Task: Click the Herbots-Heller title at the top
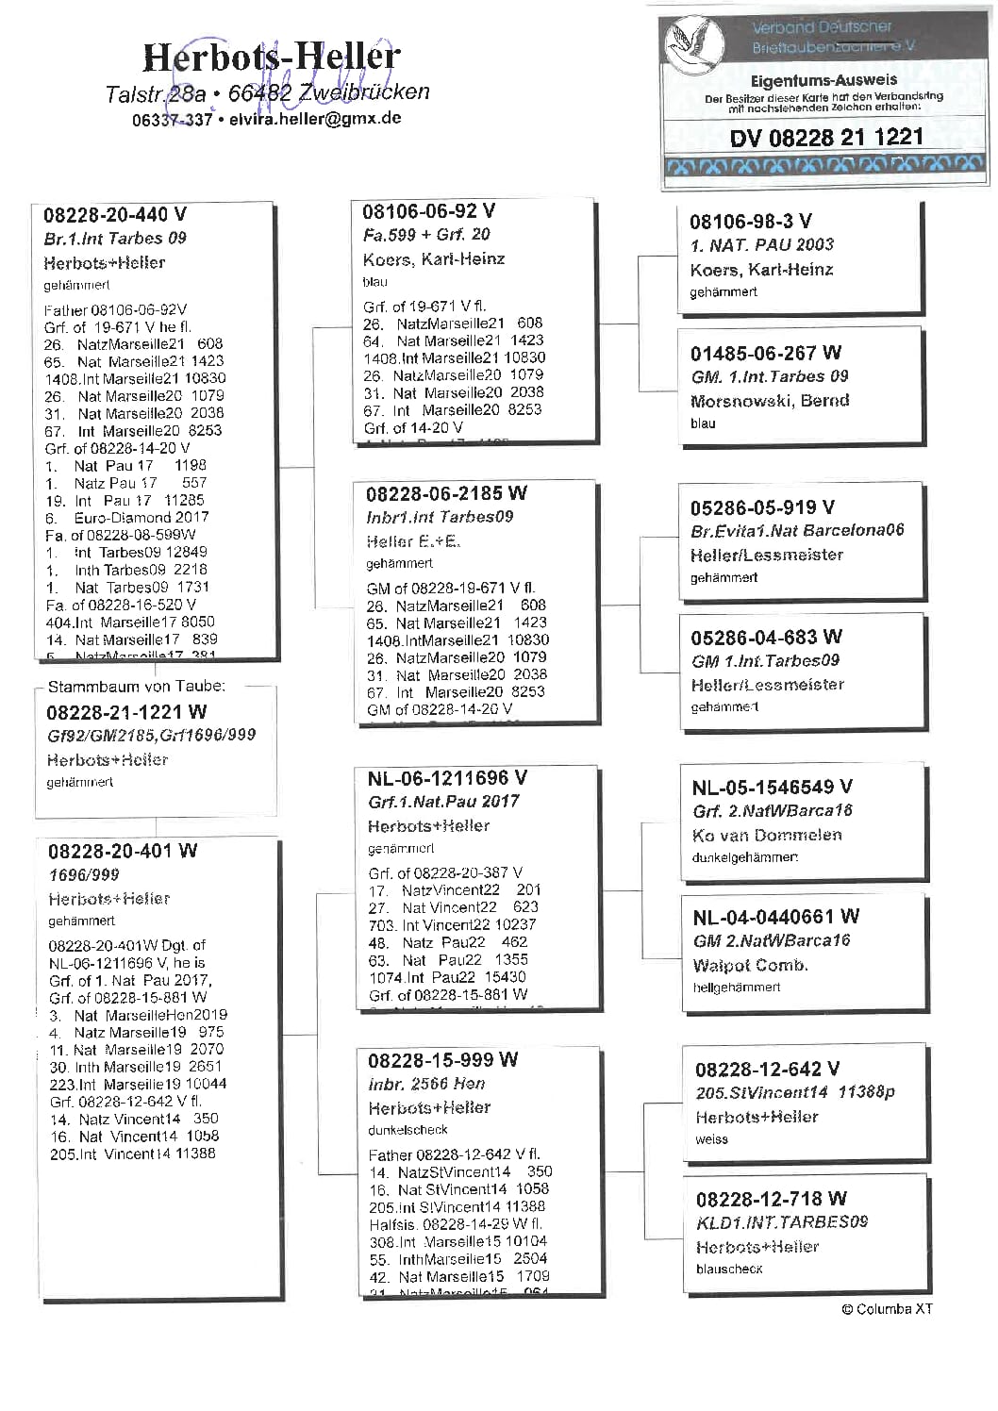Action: coord(271,58)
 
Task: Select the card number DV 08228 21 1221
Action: coord(825,138)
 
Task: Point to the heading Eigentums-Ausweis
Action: coord(823,81)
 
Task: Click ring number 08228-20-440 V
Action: coord(115,215)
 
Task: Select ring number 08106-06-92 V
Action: coord(428,211)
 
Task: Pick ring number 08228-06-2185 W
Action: coord(446,493)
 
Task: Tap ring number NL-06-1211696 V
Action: coord(447,778)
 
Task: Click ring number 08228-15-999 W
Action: coord(442,1059)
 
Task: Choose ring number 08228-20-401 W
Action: coord(123,851)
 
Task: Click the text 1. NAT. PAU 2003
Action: coord(761,245)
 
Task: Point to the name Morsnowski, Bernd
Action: coord(770,401)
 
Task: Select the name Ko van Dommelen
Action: coord(767,836)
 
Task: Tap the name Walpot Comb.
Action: coord(750,966)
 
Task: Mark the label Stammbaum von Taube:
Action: coord(137,687)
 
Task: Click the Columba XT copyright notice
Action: coord(887,1309)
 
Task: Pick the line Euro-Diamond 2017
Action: coord(127,518)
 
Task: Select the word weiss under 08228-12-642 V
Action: coord(711,1139)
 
